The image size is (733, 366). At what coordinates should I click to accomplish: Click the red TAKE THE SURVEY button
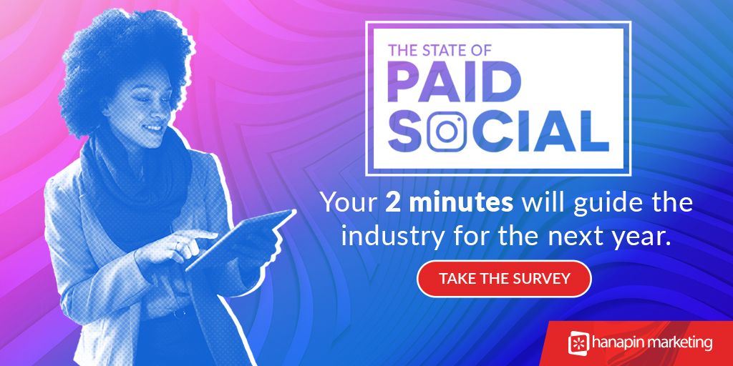click(504, 279)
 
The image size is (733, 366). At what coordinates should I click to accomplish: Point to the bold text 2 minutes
click(449, 203)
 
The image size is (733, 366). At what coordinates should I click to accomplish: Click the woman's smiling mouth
click(152, 129)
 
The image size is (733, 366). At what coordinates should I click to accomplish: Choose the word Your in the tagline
click(348, 203)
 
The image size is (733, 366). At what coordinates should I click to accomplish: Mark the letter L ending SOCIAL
click(593, 133)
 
